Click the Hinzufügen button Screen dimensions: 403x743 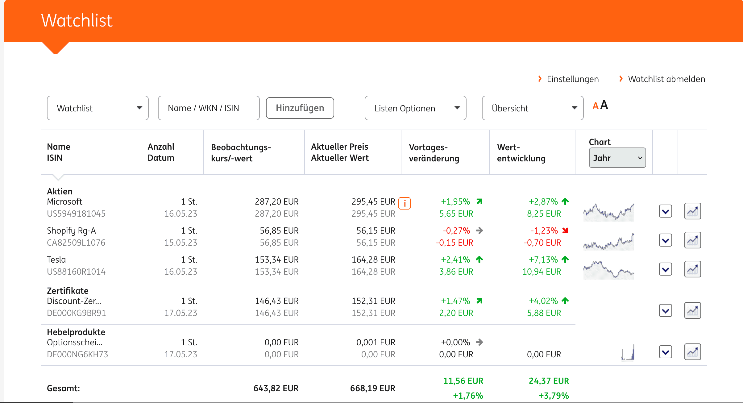tap(300, 108)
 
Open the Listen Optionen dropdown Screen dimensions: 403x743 tap(415, 108)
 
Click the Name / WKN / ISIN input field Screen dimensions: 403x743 tap(209, 108)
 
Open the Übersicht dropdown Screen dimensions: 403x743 tap(532, 108)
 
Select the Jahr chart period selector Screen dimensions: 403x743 tap(617, 158)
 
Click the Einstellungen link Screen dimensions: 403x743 tap(572, 79)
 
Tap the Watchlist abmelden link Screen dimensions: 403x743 tap(666, 79)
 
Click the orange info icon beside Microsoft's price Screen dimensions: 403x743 tap(404, 203)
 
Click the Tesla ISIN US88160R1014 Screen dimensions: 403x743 tap(76, 272)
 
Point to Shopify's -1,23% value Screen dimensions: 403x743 tap(544, 231)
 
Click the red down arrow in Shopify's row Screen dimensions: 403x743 tap(565, 230)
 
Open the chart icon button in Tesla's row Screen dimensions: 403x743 tap(692, 269)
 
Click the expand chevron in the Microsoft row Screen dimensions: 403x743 tap(666, 211)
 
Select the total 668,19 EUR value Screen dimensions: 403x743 tap(372, 388)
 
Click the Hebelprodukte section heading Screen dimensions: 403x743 tap(76, 332)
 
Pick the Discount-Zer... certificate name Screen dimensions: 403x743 tap(74, 301)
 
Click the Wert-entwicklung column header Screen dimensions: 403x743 tap(521, 153)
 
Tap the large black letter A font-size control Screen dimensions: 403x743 tap(604, 105)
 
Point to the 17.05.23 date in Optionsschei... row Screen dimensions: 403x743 tap(181, 354)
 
